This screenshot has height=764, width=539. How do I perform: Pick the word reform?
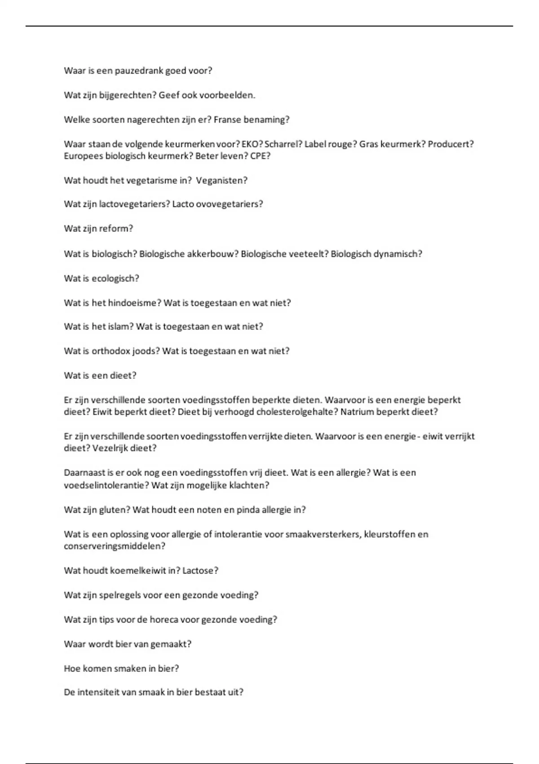click(116, 228)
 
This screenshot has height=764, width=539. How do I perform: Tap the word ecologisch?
click(115, 279)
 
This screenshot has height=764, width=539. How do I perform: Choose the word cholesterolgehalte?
click(295, 412)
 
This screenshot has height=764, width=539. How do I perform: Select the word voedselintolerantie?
click(106, 485)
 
